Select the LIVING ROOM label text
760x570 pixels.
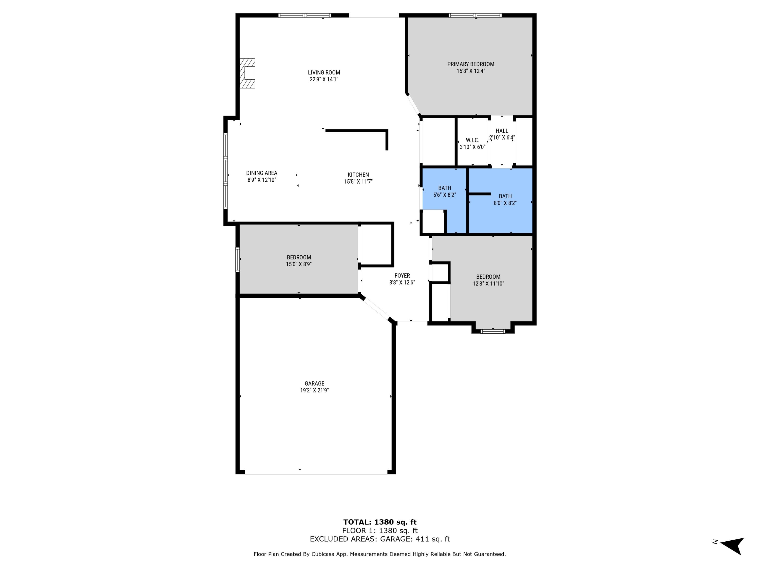point(324,72)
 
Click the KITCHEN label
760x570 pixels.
point(358,175)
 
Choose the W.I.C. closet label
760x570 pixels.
point(472,140)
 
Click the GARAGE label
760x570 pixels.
point(314,384)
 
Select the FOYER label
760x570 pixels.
point(402,276)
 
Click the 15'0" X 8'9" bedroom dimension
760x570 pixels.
point(299,264)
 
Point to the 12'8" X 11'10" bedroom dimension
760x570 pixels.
point(488,284)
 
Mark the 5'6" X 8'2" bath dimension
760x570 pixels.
point(444,195)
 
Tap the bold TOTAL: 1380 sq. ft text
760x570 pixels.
point(380,522)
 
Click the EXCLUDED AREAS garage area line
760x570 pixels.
point(380,539)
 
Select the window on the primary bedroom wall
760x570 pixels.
point(475,15)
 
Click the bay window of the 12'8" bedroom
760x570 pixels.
point(493,331)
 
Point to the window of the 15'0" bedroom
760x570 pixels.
point(237,259)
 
